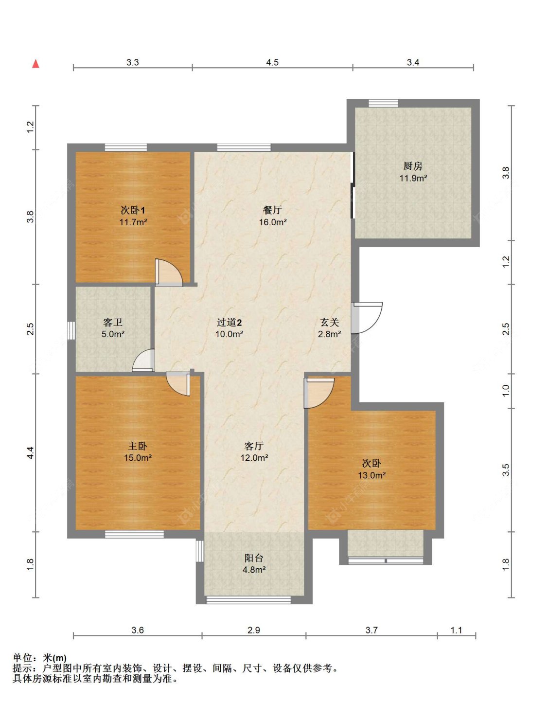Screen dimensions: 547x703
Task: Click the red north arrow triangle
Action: (x=36, y=64)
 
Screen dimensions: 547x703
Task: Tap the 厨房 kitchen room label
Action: (x=413, y=166)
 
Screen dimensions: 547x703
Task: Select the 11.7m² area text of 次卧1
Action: (x=133, y=222)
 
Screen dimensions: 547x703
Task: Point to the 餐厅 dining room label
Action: (x=273, y=210)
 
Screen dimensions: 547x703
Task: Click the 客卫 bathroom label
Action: (x=113, y=322)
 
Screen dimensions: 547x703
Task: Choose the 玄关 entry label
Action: (x=330, y=322)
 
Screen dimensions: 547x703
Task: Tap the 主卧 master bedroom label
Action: (x=138, y=446)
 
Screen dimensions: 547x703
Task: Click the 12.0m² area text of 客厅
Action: (x=254, y=458)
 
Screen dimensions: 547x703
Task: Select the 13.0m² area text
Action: (x=371, y=475)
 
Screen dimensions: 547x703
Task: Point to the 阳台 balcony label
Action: (x=254, y=558)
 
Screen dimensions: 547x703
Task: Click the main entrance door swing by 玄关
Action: (x=367, y=318)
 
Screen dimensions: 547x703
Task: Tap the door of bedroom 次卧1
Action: (x=169, y=272)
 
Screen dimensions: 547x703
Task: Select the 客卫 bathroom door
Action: (x=143, y=360)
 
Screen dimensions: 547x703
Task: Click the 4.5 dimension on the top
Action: (x=272, y=62)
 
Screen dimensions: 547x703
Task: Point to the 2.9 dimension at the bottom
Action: (x=254, y=630)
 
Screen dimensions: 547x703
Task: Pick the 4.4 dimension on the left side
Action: (x=30, y=452)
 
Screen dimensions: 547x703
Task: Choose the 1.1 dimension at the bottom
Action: (x=456, y=630)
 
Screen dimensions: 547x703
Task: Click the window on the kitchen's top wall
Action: (x=384, y=103)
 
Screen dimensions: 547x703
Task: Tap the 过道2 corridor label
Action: (x=229, y=322)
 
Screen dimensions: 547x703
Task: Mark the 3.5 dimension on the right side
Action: (x=506, y=470)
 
